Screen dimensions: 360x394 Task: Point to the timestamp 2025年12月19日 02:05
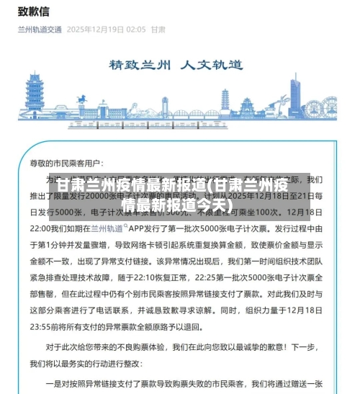tap(106, 30)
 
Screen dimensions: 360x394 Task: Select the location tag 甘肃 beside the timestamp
tap(158, 30)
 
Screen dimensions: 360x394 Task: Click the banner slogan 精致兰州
tap(140, 64)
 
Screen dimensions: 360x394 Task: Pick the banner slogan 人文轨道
tap(217, 64)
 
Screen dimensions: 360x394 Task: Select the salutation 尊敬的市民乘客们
tap(72, 164)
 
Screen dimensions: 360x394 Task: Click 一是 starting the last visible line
tap(54, 384)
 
